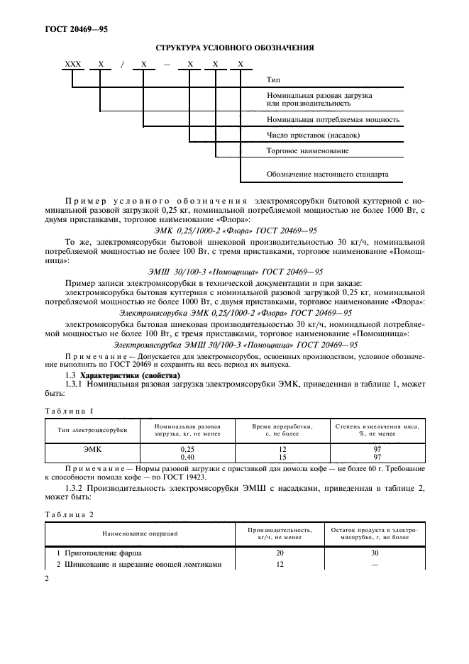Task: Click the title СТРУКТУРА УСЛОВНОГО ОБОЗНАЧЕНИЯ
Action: click(233, 48)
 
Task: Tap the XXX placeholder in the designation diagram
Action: click(73, 65)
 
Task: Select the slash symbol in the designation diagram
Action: click(122, 65)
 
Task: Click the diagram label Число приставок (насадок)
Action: click(313, 135)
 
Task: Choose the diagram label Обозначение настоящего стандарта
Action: click(327, 174)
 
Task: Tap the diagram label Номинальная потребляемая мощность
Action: click(332, 119)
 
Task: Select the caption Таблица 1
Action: click(69, 411)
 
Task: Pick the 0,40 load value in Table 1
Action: click(187, 457)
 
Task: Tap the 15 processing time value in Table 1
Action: click(282, 457)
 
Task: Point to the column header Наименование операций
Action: click(140, 532)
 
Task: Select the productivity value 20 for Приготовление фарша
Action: click(280, 552)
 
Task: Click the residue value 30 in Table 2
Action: click(374, 552)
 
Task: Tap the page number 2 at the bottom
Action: click(48, 580)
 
